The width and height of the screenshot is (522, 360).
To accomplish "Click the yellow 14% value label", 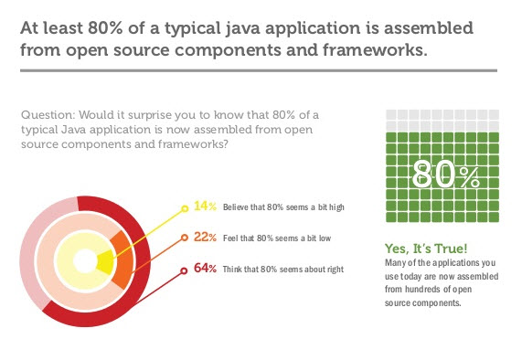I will [x=205, y=207].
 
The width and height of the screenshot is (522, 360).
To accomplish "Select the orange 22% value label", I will [x=205, y=238].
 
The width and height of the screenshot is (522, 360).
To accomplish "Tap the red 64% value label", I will [x=205, y=270].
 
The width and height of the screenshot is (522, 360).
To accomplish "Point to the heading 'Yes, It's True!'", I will [x=426, y=249].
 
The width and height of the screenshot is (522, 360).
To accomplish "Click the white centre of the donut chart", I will [x=85, y=261].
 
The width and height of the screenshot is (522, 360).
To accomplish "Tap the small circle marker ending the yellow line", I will [x=186, y=207].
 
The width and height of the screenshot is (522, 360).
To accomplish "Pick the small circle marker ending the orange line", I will [x=186, y=238].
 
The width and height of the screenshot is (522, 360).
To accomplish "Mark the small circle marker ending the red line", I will [x=186, y=270].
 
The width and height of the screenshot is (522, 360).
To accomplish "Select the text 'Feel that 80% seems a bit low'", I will [x=274, y=238].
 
